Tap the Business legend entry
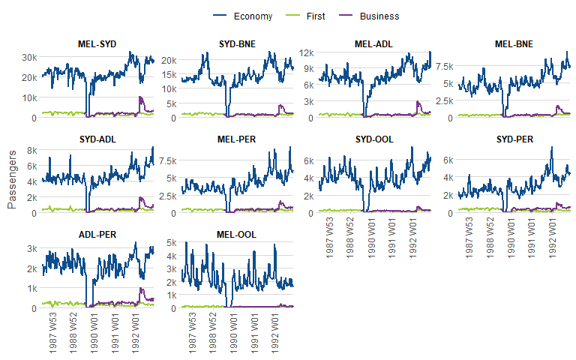379,16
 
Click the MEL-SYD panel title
97,44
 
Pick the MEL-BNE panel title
514,44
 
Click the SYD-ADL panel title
97,139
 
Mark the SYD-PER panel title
514,139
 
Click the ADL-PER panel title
97,235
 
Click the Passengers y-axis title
11,176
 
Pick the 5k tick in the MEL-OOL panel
170,243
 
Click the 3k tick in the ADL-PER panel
31,249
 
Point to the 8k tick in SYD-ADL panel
31,150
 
